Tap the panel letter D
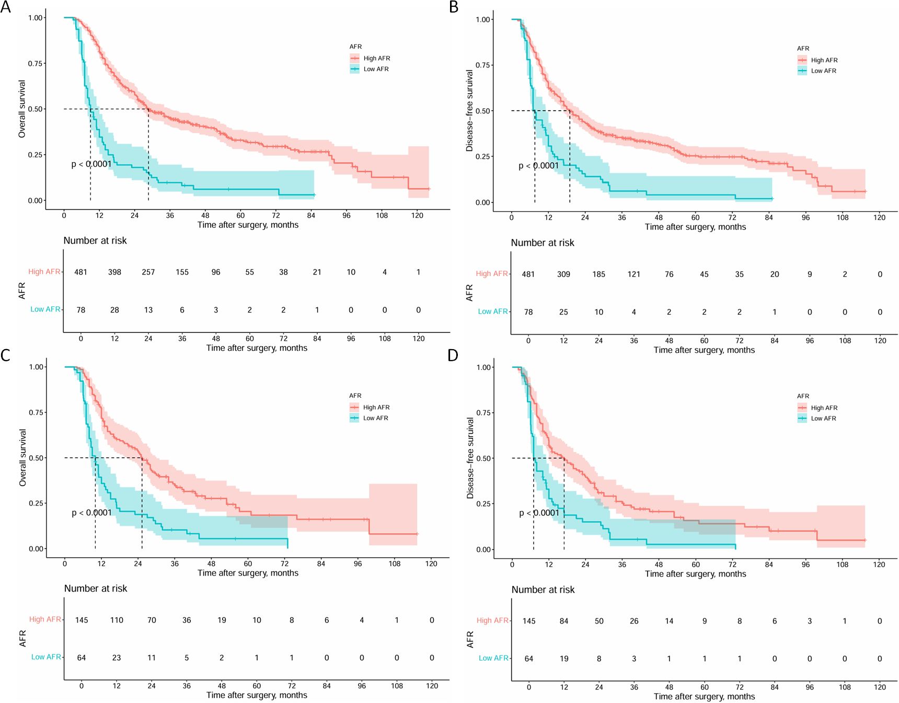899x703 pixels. click(x=453, y=355)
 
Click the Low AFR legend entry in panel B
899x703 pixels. click(x=823, y=71)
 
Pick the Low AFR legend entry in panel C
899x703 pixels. click(x=375, y=418)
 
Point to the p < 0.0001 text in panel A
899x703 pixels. click(x=91, y=164)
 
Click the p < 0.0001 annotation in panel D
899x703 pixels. click(x=539, y=513)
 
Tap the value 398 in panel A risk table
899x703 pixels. click(x=114, y=272)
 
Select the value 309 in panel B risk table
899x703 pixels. click(x=563, y=274)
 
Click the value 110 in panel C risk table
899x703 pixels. click(x=117, y=620)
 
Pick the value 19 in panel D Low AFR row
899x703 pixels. click(x=564, y=659)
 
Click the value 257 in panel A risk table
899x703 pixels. click(x=148, y=272)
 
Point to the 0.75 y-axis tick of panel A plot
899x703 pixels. click(x=36, y=64)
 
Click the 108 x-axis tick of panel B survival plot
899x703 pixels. click(x=843, y=217)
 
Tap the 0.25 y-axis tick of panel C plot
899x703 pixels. click(x=36, y=503)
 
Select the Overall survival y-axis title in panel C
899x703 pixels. click(x=22, y=458)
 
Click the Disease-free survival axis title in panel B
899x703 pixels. click(x=469, y=111)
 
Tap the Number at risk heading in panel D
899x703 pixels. click(x=543, y=590)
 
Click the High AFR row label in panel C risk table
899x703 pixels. click(x=45, y=619)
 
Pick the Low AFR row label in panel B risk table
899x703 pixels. click(x=492, y=312)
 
